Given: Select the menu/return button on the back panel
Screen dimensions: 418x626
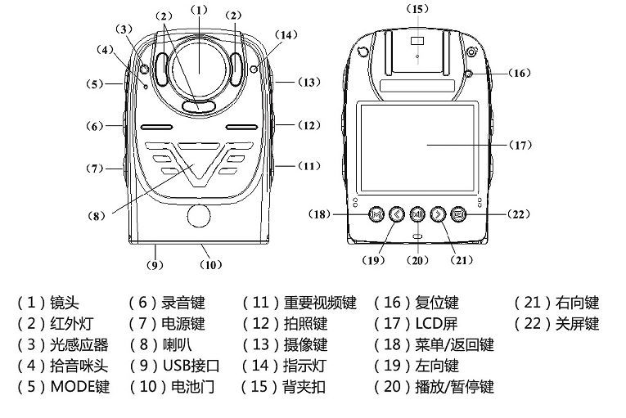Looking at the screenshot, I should pos(376,215).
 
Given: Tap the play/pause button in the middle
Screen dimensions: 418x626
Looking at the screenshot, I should pos(417,215).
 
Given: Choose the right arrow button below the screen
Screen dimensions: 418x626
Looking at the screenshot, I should pos(437,215).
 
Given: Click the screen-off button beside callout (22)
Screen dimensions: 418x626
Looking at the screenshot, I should pos(457,215).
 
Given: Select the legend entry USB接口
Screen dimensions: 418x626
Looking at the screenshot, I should pos(191,365).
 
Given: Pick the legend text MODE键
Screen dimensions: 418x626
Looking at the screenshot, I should pos(79,385).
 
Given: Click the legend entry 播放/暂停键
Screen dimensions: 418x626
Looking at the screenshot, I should pos(455,385).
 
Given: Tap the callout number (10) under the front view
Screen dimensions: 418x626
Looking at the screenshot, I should pos(211,264).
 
